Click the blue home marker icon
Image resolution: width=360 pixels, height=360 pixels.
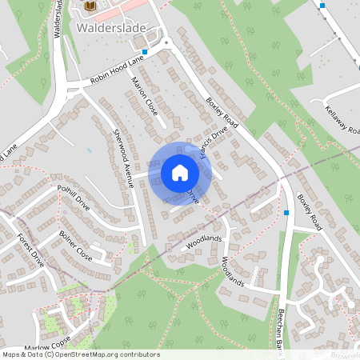[x=180, y=172]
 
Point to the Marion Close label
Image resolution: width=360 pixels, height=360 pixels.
[x=146, y=100]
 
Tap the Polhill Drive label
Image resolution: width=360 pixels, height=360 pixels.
[x=74, y=198]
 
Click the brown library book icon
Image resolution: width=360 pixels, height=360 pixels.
[x=90, y=6]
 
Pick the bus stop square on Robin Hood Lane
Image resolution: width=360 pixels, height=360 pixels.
[x=144, y=51]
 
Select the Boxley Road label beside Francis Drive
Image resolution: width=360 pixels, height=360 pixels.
[x=222, y=110]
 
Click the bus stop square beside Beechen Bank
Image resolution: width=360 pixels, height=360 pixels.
[x=286, y=213]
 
